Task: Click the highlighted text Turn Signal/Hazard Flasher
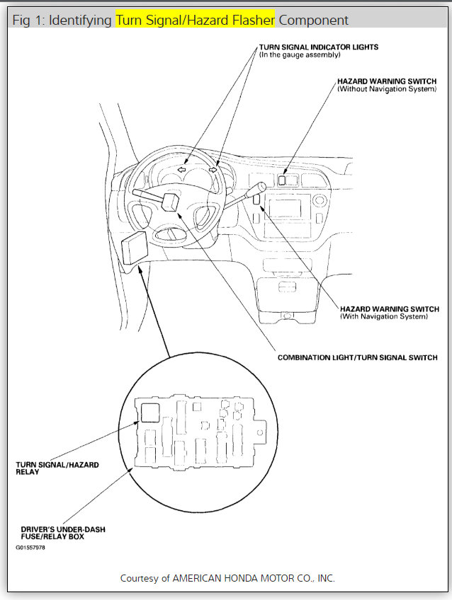[195, 20]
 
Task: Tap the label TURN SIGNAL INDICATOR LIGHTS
[318, 47]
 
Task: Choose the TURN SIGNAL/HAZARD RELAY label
[57, 468]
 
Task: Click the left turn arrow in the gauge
[182, 170]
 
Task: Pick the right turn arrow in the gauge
[213, 170]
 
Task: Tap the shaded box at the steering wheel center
[171, 200]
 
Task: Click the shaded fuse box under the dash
[134, 246]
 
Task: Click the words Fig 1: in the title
[28, 20]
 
